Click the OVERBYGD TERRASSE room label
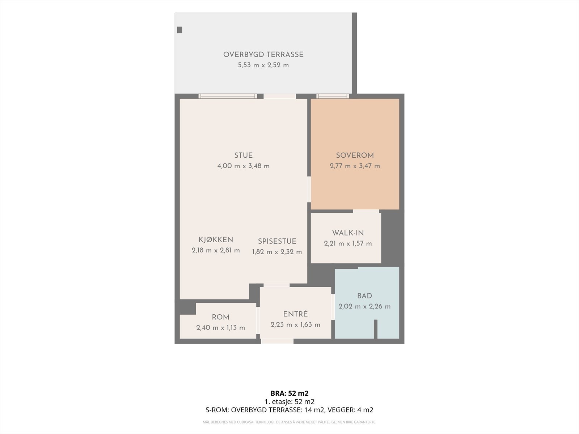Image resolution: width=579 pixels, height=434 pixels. [263, 55]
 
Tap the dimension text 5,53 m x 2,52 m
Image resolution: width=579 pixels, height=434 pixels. [263, 65]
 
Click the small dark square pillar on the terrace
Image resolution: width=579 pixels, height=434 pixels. [179, 30]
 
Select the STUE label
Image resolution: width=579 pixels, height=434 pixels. [244, 156]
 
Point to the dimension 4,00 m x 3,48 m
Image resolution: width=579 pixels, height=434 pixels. [244, 166]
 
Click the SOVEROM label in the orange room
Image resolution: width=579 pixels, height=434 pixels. [355, 156]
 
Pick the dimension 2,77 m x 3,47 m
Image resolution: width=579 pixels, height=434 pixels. [355, 166]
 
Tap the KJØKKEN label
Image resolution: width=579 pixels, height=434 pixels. [216, 239]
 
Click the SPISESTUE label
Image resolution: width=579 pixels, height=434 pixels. [277, 241]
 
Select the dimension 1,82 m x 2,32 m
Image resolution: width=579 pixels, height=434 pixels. [277, 252]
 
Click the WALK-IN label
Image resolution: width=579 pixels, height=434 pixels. [348, 233]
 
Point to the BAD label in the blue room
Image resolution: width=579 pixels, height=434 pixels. [364, 296]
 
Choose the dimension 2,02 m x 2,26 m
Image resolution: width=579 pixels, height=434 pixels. [364, 306]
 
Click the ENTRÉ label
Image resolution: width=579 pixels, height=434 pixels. [295, 314]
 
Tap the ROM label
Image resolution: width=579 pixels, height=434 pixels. [220, 317]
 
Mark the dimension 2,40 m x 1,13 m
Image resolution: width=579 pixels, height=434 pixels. [220, 328]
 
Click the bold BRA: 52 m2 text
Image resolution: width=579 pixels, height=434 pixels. [289, 393]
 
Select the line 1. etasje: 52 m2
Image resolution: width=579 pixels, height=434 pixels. [289, 401]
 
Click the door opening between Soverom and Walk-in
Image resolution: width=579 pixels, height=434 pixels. [366, 211]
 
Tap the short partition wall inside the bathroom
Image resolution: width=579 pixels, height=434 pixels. [376, 329]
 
